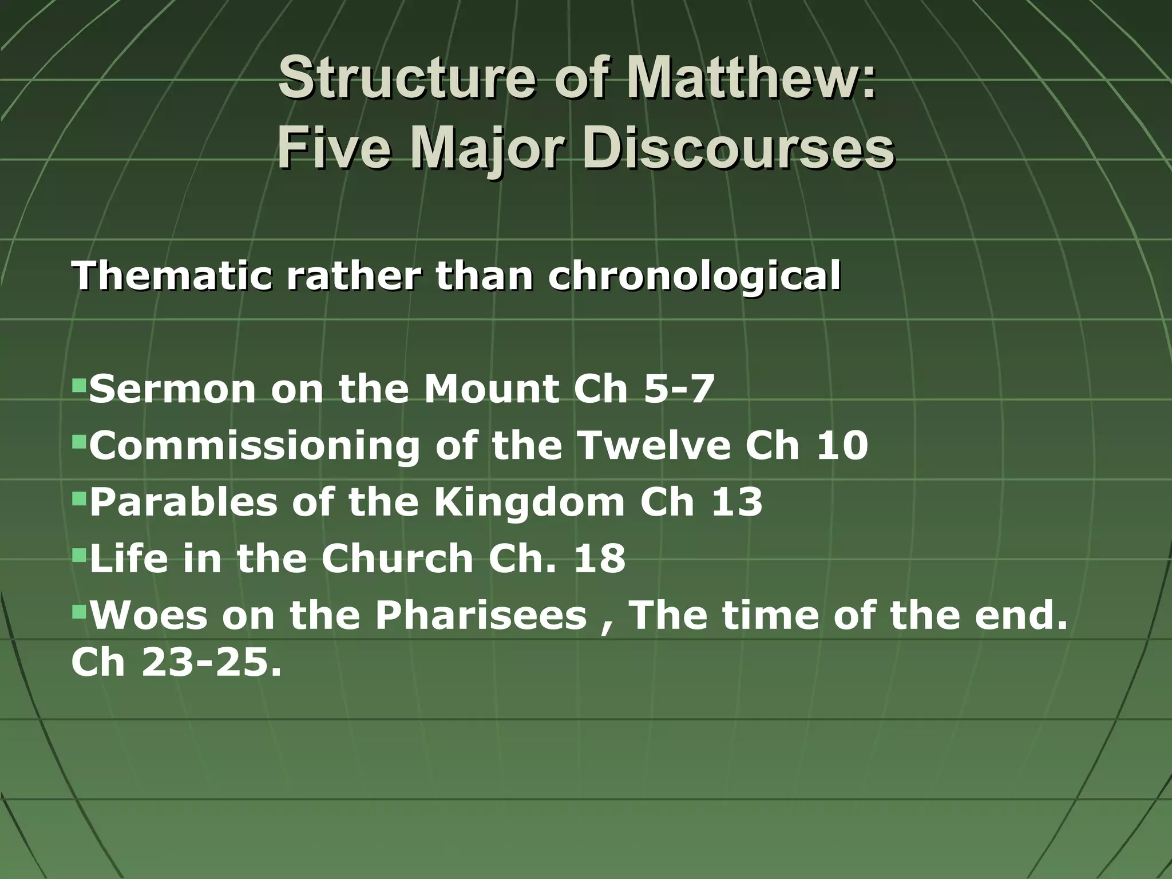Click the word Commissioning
pyautogui.click(x=255, y=446)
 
